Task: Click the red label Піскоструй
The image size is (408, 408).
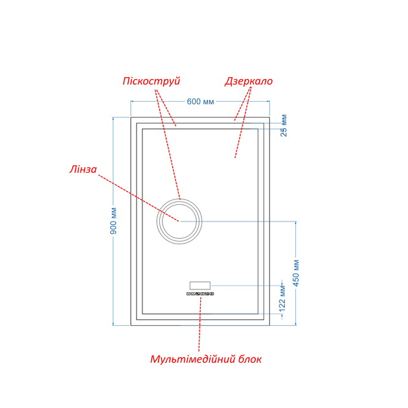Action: click(151, 81)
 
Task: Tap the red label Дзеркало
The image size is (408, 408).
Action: click(249, 81)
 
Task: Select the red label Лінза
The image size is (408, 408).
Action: click(83, 170)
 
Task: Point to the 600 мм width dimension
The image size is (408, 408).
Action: click(200, 102)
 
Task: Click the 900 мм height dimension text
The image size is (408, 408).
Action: click(113, 221)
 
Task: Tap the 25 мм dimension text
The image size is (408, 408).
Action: click(284, 126)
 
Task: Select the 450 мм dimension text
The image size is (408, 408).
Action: click(296, 273)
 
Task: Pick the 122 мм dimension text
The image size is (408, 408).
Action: click(282, 299)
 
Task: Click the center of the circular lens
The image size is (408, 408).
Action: click(179, 221)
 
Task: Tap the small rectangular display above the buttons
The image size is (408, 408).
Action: click(200, 286)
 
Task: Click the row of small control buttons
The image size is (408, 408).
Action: click(200, 294)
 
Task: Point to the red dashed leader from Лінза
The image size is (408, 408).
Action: click(139, 198)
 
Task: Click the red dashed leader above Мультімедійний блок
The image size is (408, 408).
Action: click(200, 324)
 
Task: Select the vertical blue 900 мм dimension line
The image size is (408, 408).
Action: click(113, 221)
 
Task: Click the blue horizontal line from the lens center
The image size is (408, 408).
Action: click(238, 221)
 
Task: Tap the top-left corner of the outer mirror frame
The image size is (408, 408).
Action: click(131, 117)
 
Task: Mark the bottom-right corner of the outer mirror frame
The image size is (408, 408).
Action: click(269, 325)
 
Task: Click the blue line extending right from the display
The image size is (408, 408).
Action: click(246, 286)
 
